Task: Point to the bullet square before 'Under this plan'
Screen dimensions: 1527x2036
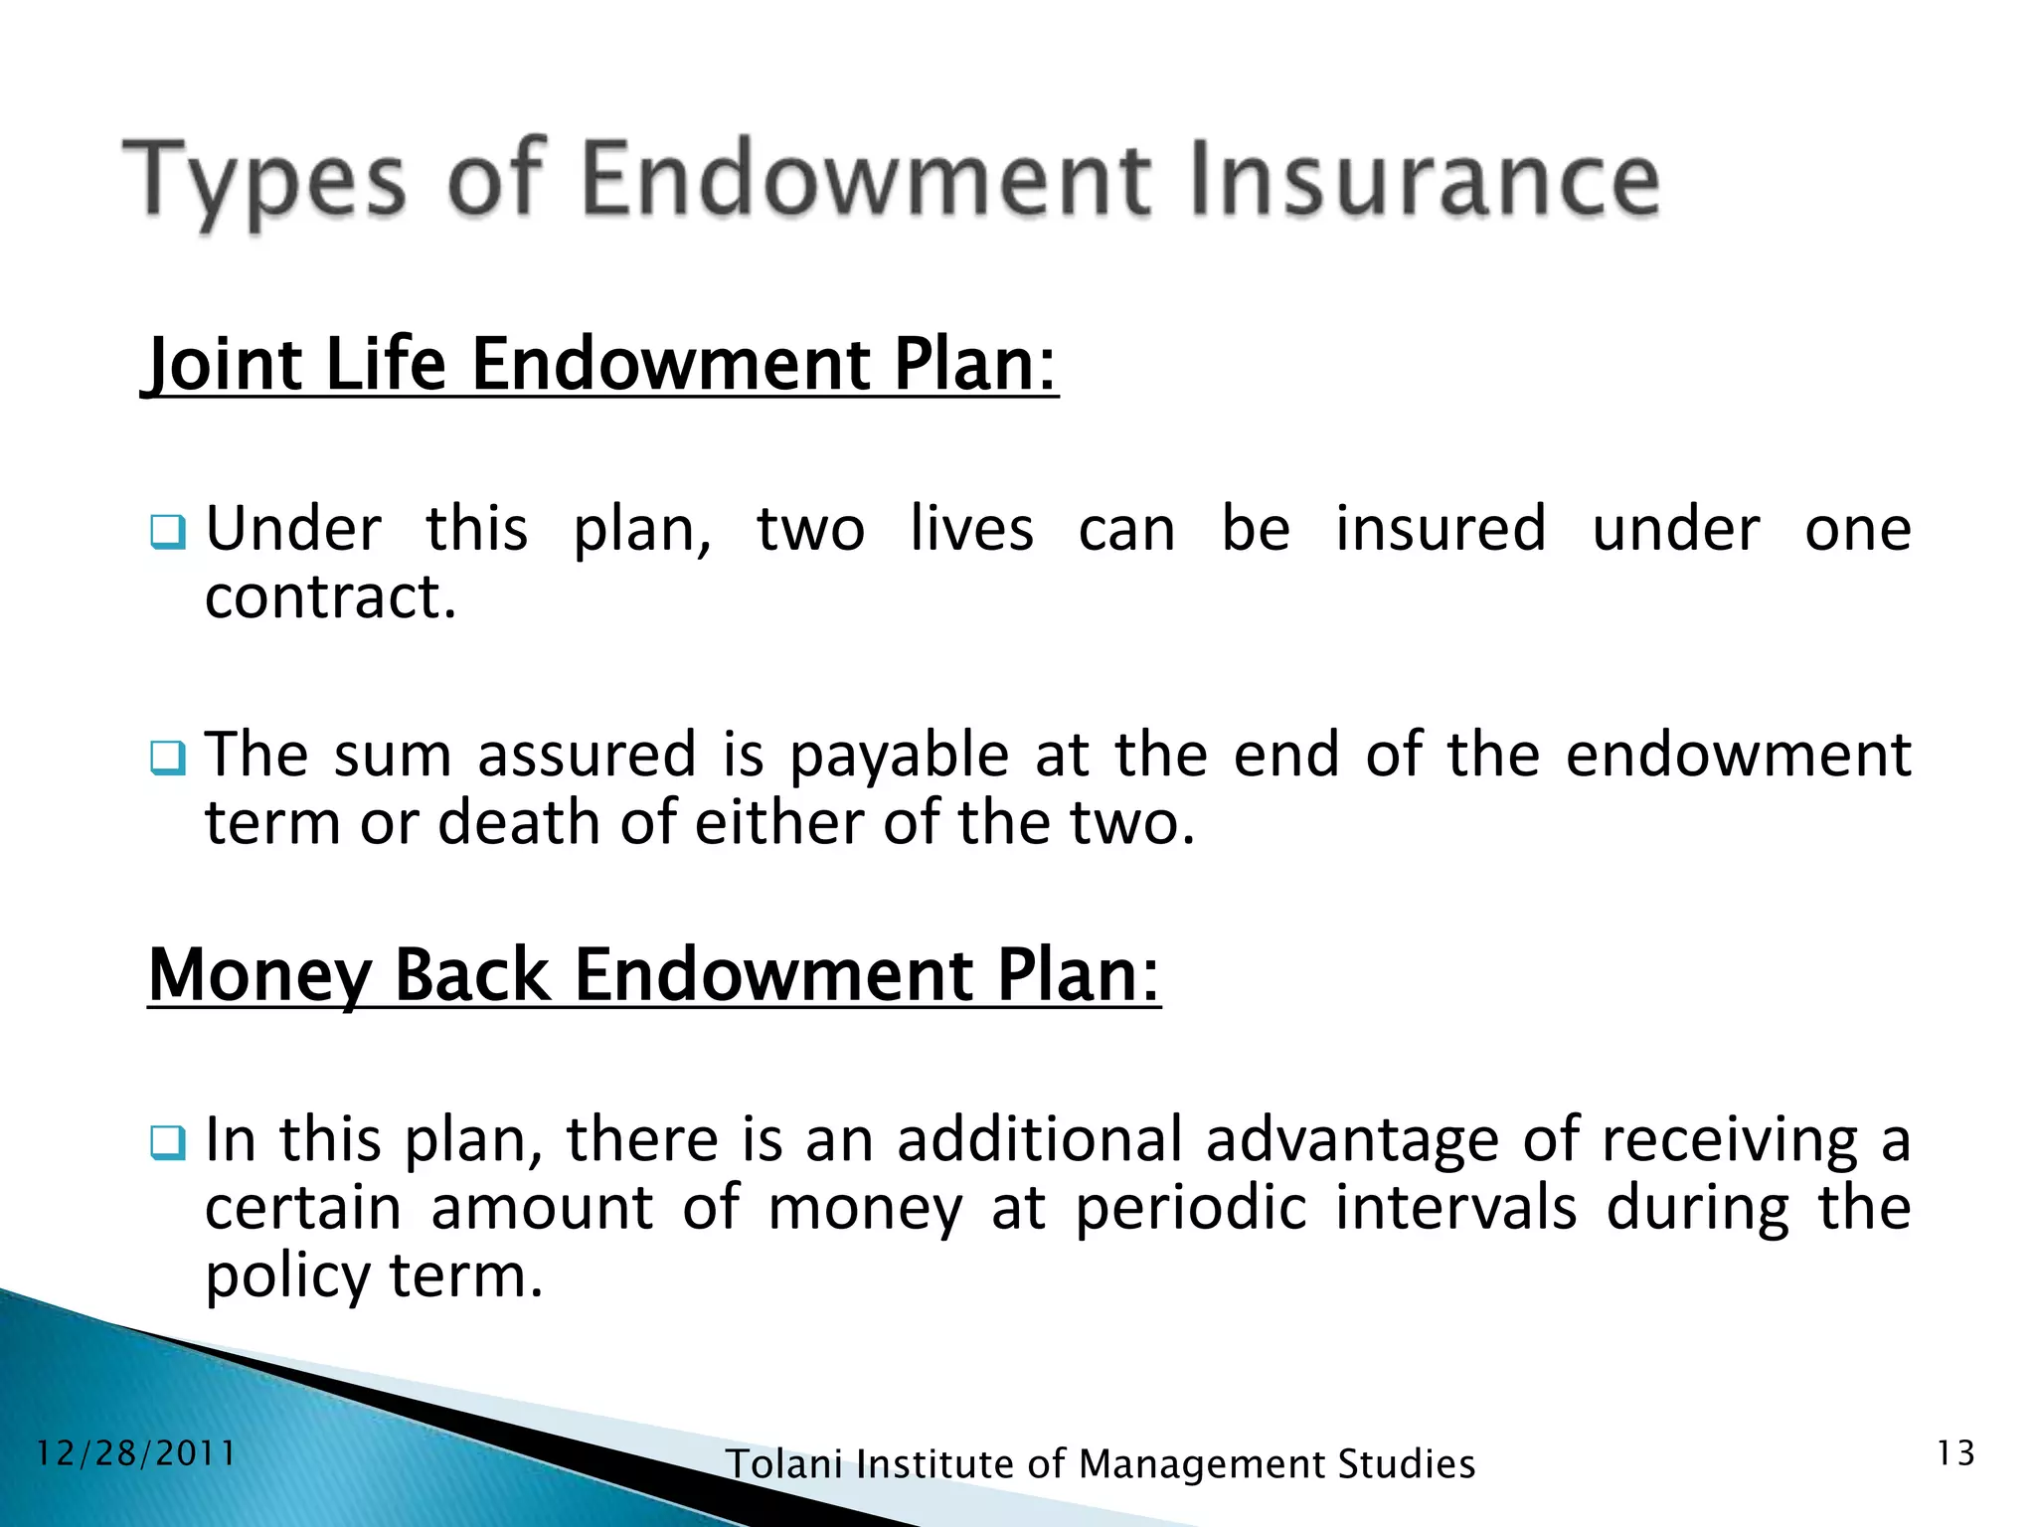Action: [167, 533]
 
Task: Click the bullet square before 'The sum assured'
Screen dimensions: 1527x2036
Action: [167, 759]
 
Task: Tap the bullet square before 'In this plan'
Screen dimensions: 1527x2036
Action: [167, 1143]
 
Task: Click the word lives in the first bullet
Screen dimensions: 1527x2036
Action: [971, 529]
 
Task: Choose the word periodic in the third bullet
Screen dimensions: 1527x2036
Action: [1190, 1209]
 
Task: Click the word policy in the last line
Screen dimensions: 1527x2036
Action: [286, 1277]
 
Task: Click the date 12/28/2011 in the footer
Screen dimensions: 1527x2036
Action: [136, 1454]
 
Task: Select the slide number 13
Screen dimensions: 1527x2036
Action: [1954, 1454]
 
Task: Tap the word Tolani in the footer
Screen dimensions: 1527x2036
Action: [784, 1464]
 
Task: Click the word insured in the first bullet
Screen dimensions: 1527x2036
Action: [1440, 529]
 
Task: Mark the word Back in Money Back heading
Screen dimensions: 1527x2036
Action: [471, 975]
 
